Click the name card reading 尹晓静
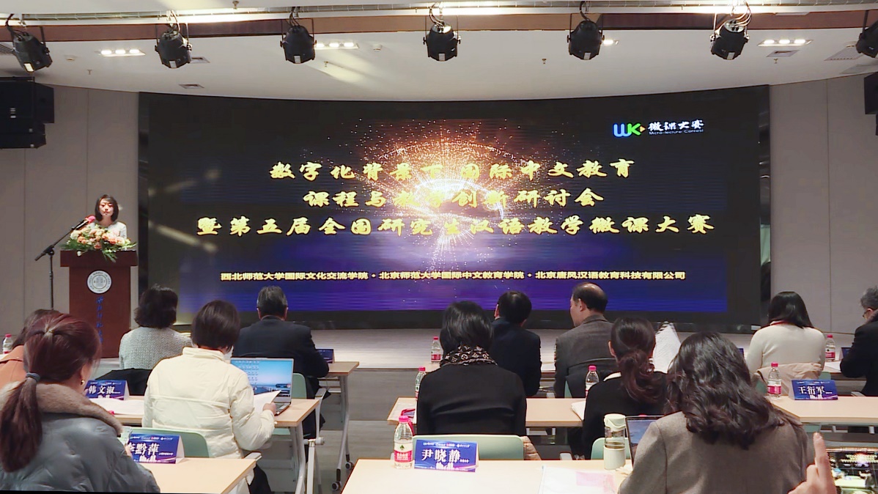(x=445, y=454)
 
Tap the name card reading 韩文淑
(x=106, y=388)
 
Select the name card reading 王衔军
(x=814, y=389)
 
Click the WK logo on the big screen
(x=628, y=129)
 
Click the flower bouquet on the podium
(x=97, y=239)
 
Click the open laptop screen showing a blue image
(x=262, y=376)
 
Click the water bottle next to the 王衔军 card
(x=774, y=381)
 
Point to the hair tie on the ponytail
(x=31, y=380)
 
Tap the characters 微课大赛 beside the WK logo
(x=675, y=127)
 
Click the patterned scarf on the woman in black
(x=468, y=356)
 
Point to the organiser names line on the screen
(x=453, y=276)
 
